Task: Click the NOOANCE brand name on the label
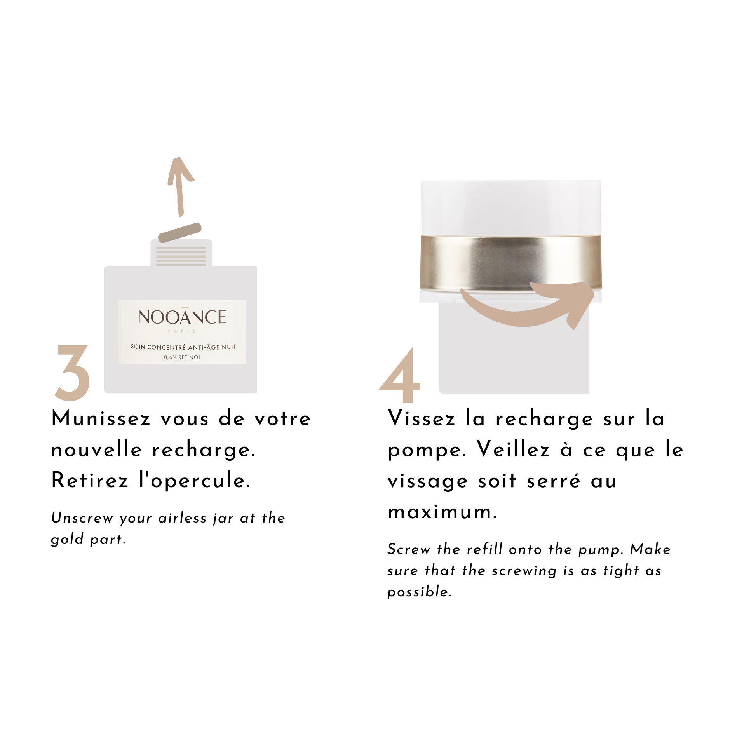[182, 317]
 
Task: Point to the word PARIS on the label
[182, 331]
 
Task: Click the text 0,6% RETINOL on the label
[182, 357]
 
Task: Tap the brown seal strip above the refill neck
[180, 233]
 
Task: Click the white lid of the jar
[510, 208]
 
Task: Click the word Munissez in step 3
[101, 419]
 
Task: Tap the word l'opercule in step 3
[195, 481]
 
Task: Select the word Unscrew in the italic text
[82, 518]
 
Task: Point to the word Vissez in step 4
[422, 419]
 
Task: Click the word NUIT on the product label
[229, 347]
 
